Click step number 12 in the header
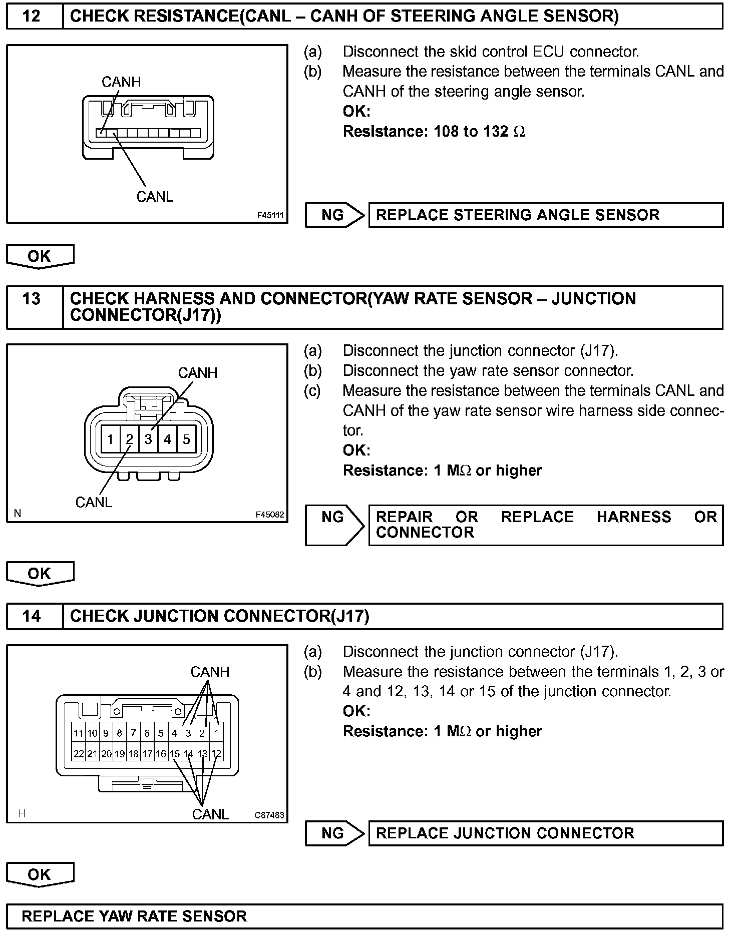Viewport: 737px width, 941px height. pyautogui.click(x=31, y=16)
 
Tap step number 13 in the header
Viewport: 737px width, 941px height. pyautogui.click(x=31, y=299)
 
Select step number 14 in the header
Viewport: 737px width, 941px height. pyautogui.click(x=31, y=616)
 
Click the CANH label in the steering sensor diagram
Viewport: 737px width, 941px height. pyautogui.click(x=121, y=82)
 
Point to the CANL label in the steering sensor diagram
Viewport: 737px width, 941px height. pyautogui.click(x=155, y=197)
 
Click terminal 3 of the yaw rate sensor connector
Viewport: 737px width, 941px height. pyautogui.click(x=148, y=439)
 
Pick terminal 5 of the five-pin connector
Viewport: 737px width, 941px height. pyautogui.click(x=186, y=439)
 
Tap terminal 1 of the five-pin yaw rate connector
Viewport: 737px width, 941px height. pyautogui.click(x=110, y=439)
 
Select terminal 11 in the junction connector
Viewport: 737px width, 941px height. pyautogui.click(x=79, y=733)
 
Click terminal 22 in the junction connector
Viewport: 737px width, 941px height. pyautogui.click(x=79, y=754)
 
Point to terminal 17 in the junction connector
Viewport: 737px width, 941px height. pyautogui.click(x=147, y=754)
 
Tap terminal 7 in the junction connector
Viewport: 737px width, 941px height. pyautogui.click(x=133, y=733)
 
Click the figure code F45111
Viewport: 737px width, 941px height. pyautogui.click(x=270, y=216)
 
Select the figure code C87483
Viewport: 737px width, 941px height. pyautogui.click(x=269, y=815)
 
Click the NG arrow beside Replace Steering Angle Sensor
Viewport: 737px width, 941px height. pyautogui.click(x=334, y=215)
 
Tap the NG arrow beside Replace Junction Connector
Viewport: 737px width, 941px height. pyautogui.click(x=334, y=833)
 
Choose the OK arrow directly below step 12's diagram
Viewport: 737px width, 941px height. pyautogui.click(x=40, y=256)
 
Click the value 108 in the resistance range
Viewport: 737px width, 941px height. pyautogui.click(x=446, y=132)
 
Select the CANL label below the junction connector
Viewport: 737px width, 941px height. pyautogui.click(x=210, y=814)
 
